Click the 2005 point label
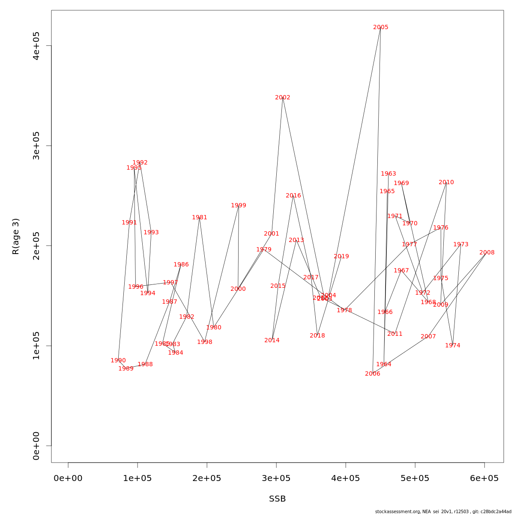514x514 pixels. (x=381, y=27)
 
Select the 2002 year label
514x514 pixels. (x=283, y=98)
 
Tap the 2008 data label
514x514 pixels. (x=487, y=253)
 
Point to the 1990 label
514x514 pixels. (x=118, y=361)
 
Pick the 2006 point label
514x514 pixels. (x=373, y=374)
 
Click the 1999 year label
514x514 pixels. (x=239, y=206)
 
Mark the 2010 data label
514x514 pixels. (x=446, y=182)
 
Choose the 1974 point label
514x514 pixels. (x=453, y=346)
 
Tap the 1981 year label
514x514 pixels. (x=200, y=218)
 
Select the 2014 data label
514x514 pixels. (x=272, y=341)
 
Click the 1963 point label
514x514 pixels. (x=388, y=174)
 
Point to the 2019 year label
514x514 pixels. (x=341, y=257)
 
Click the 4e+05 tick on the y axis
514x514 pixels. (x=36, y=46)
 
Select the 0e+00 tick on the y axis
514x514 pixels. (x=36, y=446)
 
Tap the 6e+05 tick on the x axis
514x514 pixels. (x=484, y=478)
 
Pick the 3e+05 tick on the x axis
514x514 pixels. (x=276, y=478)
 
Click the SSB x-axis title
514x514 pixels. (x=278, y=499)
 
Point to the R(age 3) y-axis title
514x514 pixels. (x=16, y=236)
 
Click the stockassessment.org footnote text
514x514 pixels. (x=443, y=511)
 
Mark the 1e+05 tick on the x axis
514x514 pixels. (x=137, y=478)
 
